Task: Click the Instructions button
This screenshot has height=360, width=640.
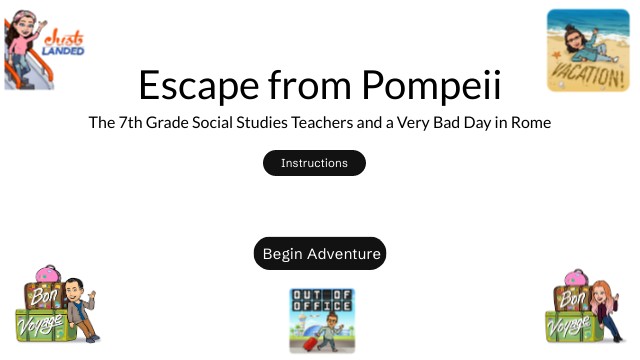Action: [314, 163]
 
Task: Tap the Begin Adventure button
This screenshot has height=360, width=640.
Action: [319, 254]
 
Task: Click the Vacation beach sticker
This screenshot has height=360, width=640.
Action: [586, 50]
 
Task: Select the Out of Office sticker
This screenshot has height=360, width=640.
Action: [320, 320]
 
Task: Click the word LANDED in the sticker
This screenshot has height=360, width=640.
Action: [66, 50]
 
